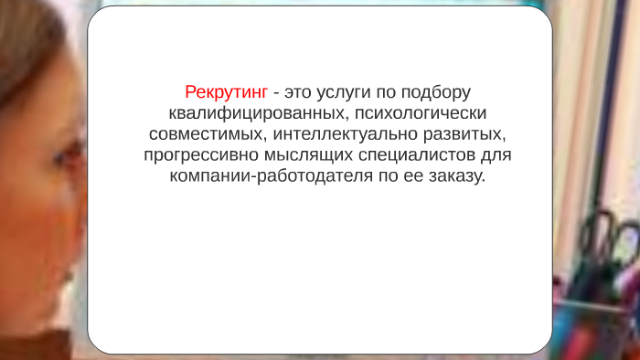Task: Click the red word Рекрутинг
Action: click(226, 93)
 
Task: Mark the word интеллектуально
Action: click(337, 134)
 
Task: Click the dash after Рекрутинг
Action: click(276, 93)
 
